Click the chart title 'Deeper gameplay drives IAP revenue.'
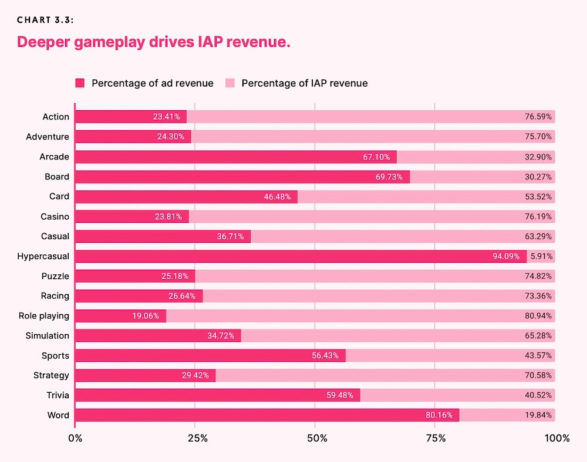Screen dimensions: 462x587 [153, 43]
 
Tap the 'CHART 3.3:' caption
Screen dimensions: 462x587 [45, 20]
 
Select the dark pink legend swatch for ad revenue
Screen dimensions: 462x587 [80, 83]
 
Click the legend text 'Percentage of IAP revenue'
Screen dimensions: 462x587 [304, 83]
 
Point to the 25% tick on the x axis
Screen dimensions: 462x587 [197, 439]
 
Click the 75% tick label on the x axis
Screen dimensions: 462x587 [436, 439]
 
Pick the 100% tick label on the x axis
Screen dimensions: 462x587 [556, 439]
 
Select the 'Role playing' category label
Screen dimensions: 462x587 [44, 316]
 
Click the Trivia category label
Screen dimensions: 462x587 [58, 395]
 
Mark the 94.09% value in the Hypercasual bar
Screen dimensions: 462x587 [509, 256]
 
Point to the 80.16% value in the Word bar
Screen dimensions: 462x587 [439, 415]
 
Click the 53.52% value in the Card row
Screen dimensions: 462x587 [538, 196]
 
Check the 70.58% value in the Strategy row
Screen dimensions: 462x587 [538, 375]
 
